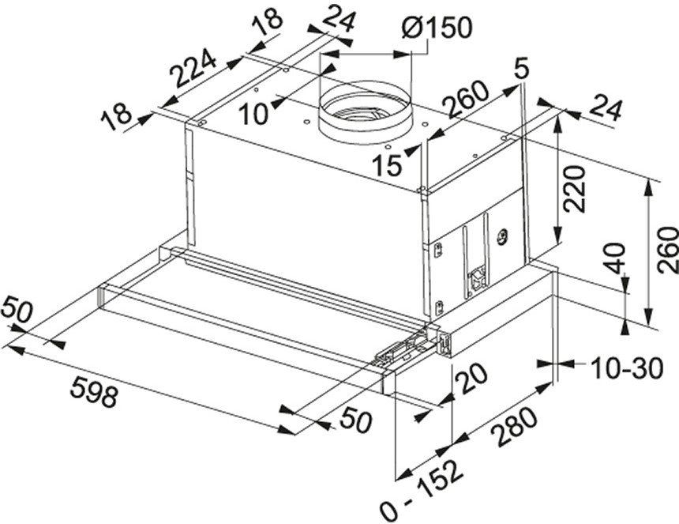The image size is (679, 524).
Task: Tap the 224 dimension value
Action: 193,70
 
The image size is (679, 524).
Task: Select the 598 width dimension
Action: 94,391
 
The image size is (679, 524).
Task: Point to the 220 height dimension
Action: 575,189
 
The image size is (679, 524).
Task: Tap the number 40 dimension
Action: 615,258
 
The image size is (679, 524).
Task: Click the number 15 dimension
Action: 388,165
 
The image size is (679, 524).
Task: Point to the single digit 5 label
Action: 521,68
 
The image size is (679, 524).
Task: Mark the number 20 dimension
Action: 471,379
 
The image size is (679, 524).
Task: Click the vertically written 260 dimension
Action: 667,251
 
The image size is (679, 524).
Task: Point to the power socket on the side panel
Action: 478,280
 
